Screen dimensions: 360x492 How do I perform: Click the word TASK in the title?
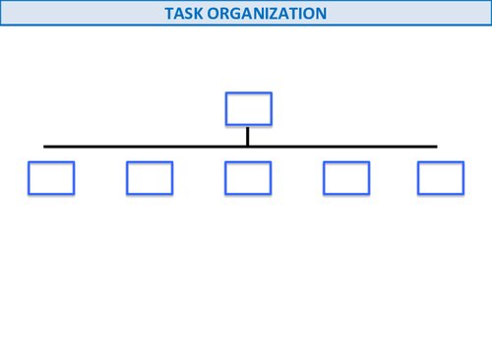point(184,14)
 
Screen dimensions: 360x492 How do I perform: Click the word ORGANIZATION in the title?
point(267,14)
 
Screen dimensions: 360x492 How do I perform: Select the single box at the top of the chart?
point(248,108)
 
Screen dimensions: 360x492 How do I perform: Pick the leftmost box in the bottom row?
point(51,177)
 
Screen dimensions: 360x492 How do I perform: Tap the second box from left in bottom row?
point(150,177)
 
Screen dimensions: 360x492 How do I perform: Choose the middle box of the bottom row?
point(248,177)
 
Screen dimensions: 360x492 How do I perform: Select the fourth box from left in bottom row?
point(346,177)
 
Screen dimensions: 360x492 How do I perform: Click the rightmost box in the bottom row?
point(440,177)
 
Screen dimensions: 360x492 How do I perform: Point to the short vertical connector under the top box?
point(248,136)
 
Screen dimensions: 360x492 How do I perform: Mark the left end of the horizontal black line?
point(45,147)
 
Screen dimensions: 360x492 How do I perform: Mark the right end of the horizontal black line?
point(435,147)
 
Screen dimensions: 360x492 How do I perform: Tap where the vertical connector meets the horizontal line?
point(248,147)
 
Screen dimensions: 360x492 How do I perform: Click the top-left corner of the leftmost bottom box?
point(30,162)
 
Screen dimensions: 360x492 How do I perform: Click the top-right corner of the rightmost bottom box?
point(462,162)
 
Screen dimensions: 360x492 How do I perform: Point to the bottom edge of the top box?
point(248,124)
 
